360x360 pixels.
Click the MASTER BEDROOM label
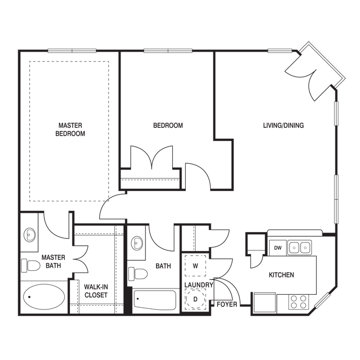tap(71, 129)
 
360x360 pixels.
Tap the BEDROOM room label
tap(167, 125)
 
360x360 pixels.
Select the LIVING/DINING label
tap(283, 125)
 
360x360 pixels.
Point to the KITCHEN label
tap(281, 275)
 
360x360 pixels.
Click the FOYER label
tap(226, 303)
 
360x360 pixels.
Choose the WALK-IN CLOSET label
tap(95, 291)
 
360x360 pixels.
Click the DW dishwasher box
tap(278, 248)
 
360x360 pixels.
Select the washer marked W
tap(196, 266)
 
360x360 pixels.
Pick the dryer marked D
tap(196, 299)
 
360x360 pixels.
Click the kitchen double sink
tap(299, 247)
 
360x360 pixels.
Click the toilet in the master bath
tap(31, 266)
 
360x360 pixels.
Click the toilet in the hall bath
tap(138, 273)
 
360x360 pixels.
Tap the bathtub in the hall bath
tap(154, 301)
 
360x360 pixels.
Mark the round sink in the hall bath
tap(137, 243)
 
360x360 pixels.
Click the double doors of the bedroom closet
tap(151, 158)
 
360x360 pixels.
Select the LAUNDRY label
tap(199, 285)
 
